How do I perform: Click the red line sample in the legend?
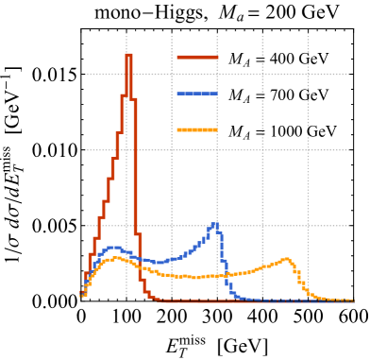coord(197,58)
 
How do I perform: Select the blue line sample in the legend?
coord(197,94)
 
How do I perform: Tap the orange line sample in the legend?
coord(197,129)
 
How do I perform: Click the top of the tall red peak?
coord(128,54)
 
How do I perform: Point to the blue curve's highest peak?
coord(214,224)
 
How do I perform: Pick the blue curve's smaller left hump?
coord(114,248)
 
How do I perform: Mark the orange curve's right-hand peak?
coord(286,258)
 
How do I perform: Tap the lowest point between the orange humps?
coord(196,277)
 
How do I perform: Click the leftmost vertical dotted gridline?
coord(126,170)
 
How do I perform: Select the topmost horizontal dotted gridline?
coord(217,74)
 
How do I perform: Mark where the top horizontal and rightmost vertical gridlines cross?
coord(308,74)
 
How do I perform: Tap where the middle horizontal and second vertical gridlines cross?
coord(172,150)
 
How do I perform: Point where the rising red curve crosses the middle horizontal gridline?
coord(116,150)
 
